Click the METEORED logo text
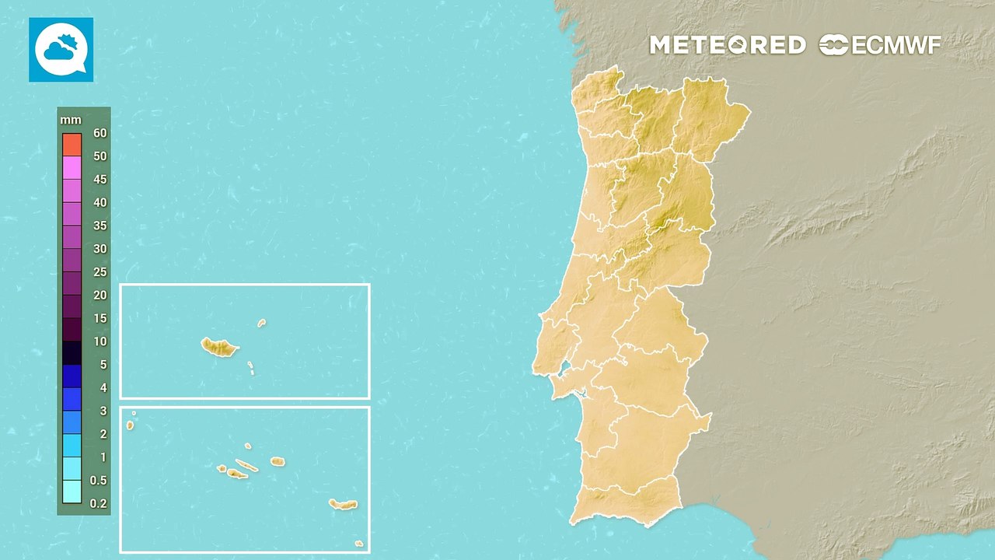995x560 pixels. [727, 45]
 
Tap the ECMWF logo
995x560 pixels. [880, 45]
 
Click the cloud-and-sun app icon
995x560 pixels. [61, 50]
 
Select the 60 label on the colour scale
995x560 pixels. [99, 133]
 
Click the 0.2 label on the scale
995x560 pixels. [98, 503]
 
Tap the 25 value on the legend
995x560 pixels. [99, 272]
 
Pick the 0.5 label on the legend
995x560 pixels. [98, 481]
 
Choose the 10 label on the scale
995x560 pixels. [99, 341]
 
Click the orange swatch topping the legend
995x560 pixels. [72, 144]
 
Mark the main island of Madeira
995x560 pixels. [219, 347]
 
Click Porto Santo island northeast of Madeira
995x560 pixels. [262, 322]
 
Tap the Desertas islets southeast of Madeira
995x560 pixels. [251, 367]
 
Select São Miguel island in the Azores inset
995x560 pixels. [343, 505]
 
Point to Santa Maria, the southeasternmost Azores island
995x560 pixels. [358, 543]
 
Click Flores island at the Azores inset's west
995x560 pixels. [130, 425]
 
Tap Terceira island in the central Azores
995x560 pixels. [278, 461]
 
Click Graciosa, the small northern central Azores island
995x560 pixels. [248, 446]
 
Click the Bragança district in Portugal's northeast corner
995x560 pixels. [711, 117]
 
